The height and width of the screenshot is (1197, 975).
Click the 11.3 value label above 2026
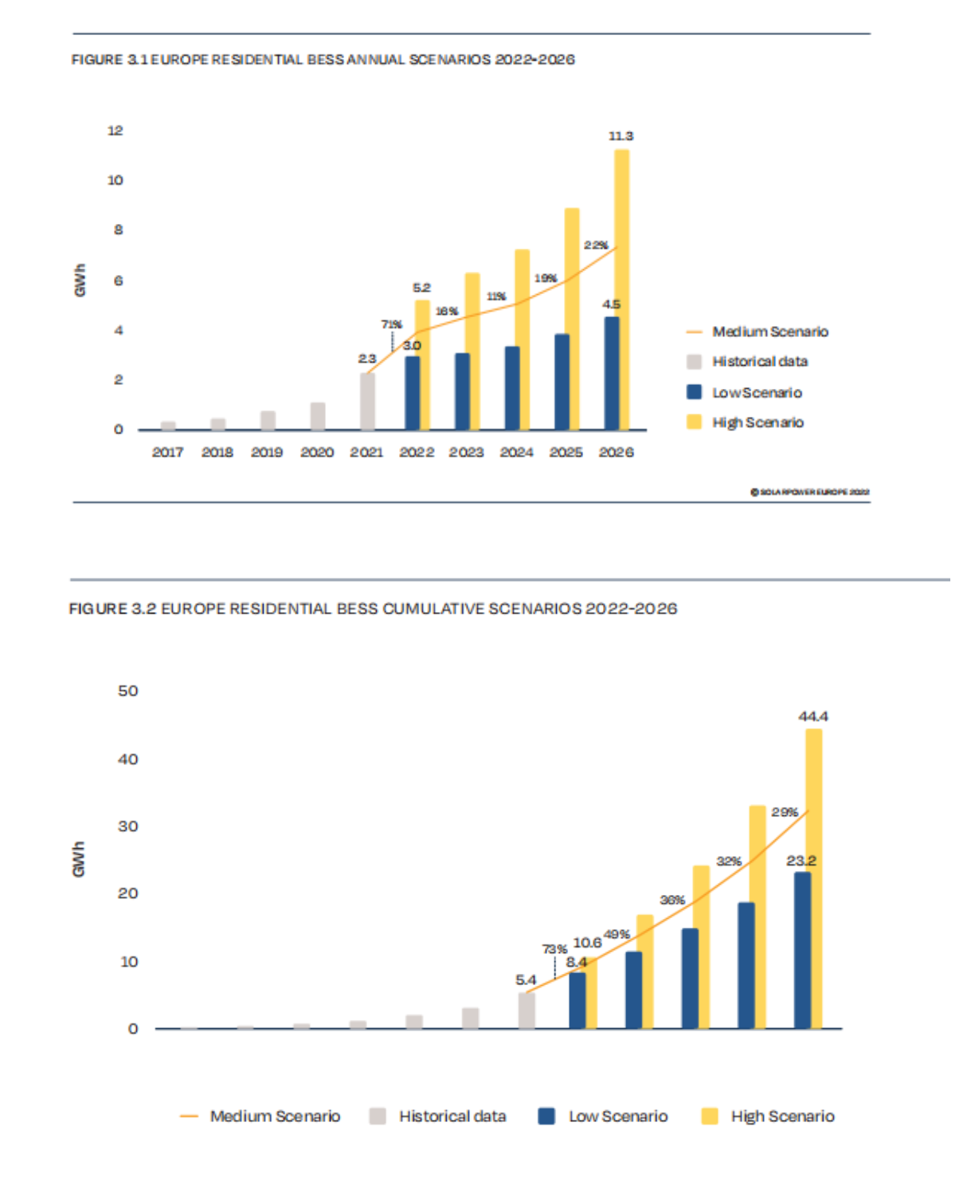point(621,136)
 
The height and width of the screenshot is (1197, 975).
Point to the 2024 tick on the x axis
point(516,453)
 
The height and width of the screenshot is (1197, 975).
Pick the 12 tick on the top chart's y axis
point(116,131)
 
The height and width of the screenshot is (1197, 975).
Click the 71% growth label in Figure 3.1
point(391,324)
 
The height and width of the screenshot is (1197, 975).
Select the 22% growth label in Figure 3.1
point(596,245)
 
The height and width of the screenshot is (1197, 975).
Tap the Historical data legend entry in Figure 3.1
point(759,362)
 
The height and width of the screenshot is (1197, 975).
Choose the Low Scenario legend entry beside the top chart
point(756,393)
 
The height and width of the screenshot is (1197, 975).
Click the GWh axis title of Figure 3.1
point(80,281)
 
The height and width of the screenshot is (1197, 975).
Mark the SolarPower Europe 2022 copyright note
point(809,492)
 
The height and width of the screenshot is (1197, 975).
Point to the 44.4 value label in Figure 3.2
point(812,716)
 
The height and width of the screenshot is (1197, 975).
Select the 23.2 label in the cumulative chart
point(801,861)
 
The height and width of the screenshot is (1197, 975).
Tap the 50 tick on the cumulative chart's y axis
point(127,691)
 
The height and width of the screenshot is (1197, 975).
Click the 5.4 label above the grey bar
point(526,979)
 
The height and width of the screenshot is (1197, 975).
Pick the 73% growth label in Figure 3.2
point(554,949)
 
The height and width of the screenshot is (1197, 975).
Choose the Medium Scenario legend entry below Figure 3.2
point(274,1117)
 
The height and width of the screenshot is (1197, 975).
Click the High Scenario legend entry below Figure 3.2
point(781,1117)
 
